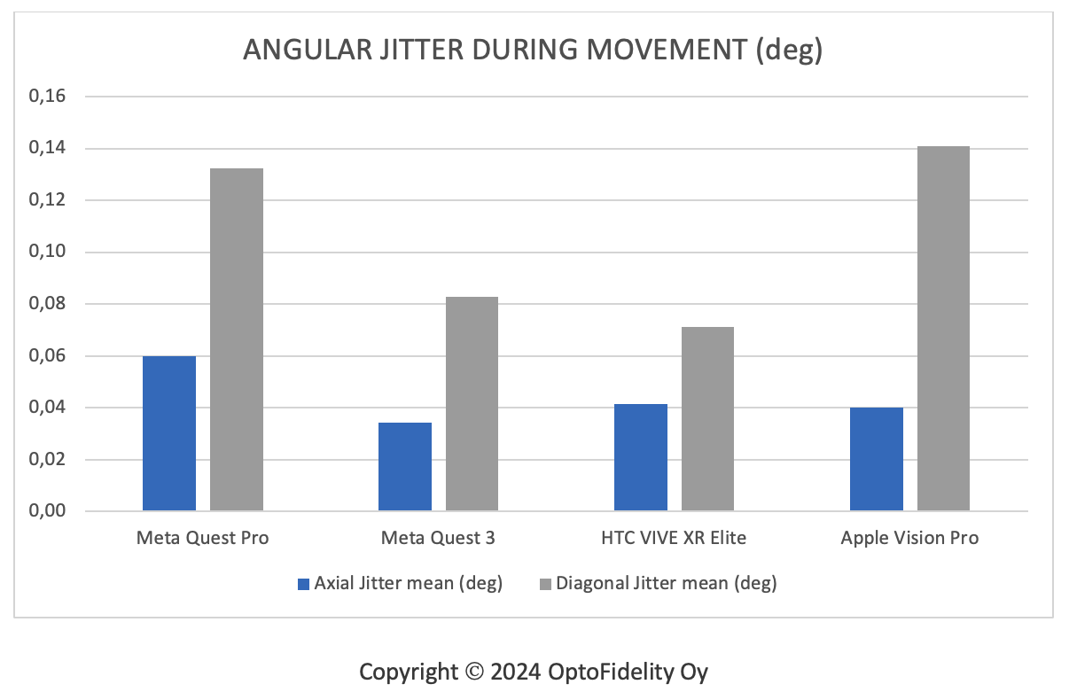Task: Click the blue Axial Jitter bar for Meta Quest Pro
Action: [x=169, y=433]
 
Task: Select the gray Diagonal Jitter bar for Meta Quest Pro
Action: [x=237, y=339]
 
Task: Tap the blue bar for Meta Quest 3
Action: [x=405, y=467]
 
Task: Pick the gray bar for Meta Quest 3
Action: [x=472, y=404]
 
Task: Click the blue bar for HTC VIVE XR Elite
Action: [x=641, y=457]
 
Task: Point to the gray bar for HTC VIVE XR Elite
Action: [x=707, y=419]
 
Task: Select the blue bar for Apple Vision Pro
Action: [x=877, y=459]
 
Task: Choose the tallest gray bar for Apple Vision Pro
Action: [x=943, y=329]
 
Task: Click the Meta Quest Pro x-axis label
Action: [x=203, y=538]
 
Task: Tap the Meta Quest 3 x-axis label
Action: [x=438, y=538]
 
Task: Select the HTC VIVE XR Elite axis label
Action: [x=674, y=538]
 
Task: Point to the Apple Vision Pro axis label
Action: [x=909, y=538]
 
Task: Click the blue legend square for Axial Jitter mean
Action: [x=304, y=584]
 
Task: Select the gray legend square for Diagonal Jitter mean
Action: [x=545, y=584]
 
